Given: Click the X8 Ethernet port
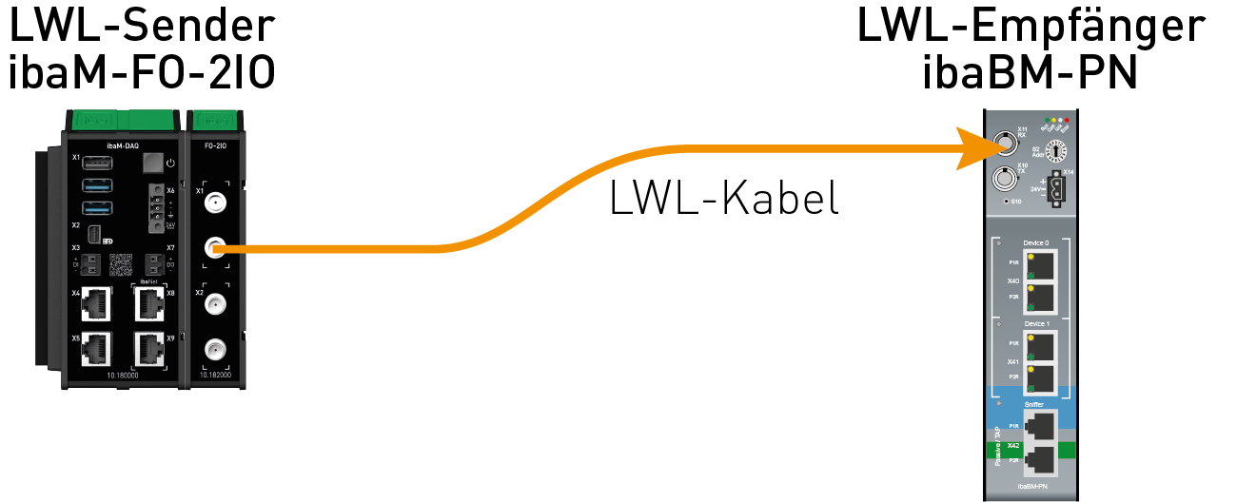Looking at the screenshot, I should [x=149, y=304].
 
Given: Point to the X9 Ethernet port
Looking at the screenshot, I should [x=149, y=349].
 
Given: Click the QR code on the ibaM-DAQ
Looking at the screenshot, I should [x=122, y=263].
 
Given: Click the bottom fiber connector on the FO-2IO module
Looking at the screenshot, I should [x=216, y=349].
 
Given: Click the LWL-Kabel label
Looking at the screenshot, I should [x=724, y=198].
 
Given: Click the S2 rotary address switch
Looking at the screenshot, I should [x=1054, y=150].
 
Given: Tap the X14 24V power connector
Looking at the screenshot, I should [x=1053, y=189].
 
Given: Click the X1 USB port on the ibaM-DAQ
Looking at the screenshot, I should [x=98, y=162].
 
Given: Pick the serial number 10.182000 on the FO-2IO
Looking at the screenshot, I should [x=215, y=376].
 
